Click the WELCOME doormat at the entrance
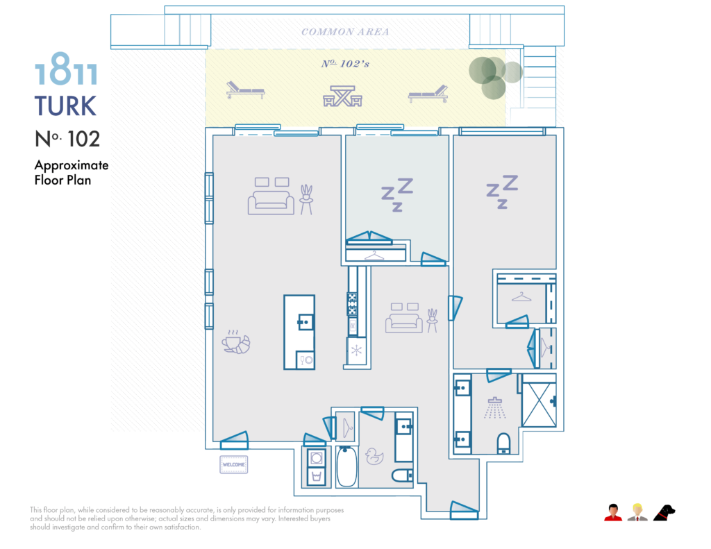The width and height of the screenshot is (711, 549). (x=234, y=464)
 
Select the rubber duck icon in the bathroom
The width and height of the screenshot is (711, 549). (x=375, y=455)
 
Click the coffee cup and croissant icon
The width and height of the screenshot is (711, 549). (x=235, y=341)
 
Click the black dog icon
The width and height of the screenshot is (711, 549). (x=664, y=513)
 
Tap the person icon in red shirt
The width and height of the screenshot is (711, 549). (x=612, y=513)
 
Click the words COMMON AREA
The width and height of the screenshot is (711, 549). (x=345, y=32)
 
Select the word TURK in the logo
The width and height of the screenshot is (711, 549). (x=65, y=106)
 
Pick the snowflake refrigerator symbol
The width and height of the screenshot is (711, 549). (x=356, y=350)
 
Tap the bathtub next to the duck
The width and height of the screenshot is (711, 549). (x=346, y=467)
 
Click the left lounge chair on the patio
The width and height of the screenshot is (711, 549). (x=245, y=90)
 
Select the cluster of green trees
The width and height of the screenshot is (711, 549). (x=493, y=74)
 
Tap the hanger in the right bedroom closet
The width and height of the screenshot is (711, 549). (x=521, y=297)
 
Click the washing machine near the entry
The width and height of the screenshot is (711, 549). (x=317, y=459)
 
